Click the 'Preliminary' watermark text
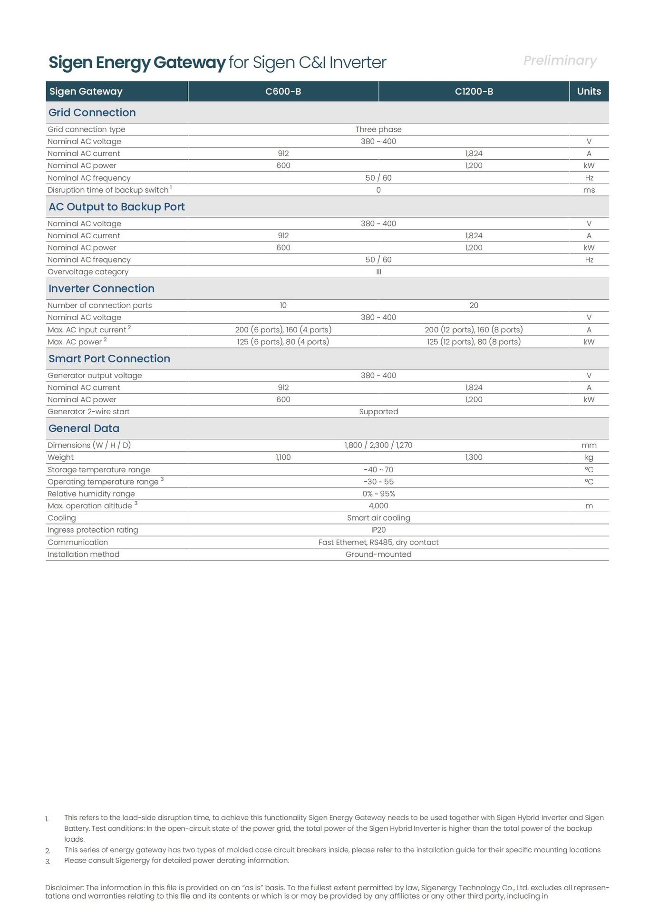(x=560, y=60)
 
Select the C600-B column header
(x=283, y=91)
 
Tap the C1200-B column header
(x=474, y=91)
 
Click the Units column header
(x=589, y=91)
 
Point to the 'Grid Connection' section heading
(x=92, y=113)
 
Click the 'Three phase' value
(x=378, y=129)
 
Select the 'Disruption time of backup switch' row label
(x=108, y=190)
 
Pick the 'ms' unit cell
(x=589, y=190)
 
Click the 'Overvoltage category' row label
(x=88, y=272)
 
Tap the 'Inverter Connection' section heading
(x=101, y=289)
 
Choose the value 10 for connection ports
(x=283, y=305)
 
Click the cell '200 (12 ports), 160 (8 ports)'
(x=474, y=330)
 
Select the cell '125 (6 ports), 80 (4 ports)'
(x=283, y=341)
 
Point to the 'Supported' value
(x=378, y=411)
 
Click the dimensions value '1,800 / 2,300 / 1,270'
(x=378, y=445)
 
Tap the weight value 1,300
(x=474, y=457)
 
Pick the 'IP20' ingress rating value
(x=378, y=530)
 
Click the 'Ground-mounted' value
(x=378, y=554)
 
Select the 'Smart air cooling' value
(x=378, y=518)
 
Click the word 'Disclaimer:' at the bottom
(x=64, y=887)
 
